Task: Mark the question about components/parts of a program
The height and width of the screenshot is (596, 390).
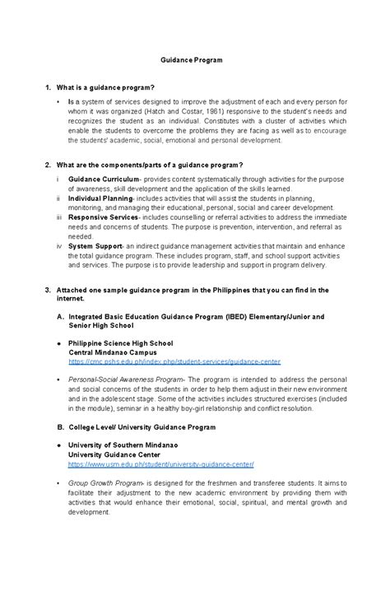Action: coord(147,165)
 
